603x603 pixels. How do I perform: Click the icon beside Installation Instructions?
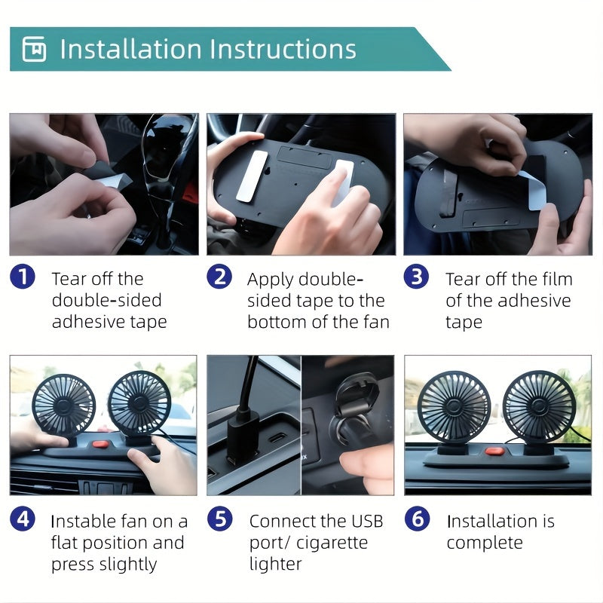(34, 50)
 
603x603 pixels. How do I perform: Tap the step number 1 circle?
(23, 277)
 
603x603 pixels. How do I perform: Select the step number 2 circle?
(219, 277)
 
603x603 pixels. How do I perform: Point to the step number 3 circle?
(416, 277)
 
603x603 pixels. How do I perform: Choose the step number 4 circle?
(23, 519)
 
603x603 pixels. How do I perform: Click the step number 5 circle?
(219, 519)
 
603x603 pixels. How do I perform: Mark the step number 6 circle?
(416, 519)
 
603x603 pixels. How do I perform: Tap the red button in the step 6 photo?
(494, 451)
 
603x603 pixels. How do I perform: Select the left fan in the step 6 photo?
(454, 406)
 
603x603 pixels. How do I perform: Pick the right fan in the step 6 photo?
(538, 406)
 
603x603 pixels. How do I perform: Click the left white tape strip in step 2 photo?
(252, 176)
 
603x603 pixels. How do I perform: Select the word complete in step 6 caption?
(485, 543)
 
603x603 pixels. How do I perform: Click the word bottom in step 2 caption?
(278, 323)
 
